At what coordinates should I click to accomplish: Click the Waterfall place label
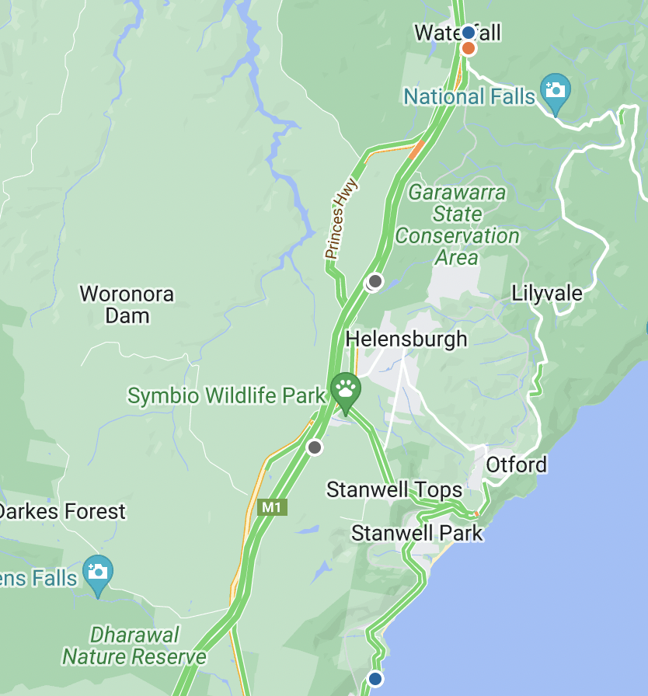coord(457,33)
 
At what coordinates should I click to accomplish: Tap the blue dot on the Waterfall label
coord(468,33)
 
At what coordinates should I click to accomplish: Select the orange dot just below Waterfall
coord(468,49)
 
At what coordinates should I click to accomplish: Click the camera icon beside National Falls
coord(555,90)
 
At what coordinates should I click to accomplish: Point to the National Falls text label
coord(469,96)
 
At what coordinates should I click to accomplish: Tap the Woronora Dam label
coord(127,304)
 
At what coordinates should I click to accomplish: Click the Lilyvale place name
coord(547,293)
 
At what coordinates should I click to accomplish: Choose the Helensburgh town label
coord(406,339)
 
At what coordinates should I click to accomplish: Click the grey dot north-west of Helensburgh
coord(375,280)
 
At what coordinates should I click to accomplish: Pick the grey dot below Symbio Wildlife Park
coord(315,447)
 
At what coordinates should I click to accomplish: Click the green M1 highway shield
coord(272,507)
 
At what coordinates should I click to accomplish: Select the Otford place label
coord(517,465)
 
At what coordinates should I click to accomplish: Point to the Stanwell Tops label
coord(394,490)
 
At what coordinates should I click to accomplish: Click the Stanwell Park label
coord(416,533)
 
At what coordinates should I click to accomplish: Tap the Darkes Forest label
coord(62,511)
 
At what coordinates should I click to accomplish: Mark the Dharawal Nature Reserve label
coord(134,646)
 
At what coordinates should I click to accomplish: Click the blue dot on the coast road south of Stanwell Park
coord(375,678)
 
